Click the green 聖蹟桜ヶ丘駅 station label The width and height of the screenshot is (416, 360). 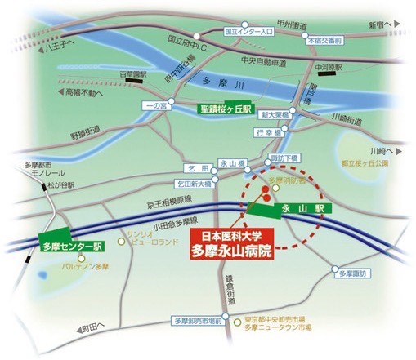[x=226, y=108]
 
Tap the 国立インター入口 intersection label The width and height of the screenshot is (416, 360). [x=248, y=31]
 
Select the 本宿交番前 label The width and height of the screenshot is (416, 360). [x=324, y=38]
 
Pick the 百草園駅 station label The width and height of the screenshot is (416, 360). [x=132, y=74]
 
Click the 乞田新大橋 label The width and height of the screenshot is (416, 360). [x=193, y=184]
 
